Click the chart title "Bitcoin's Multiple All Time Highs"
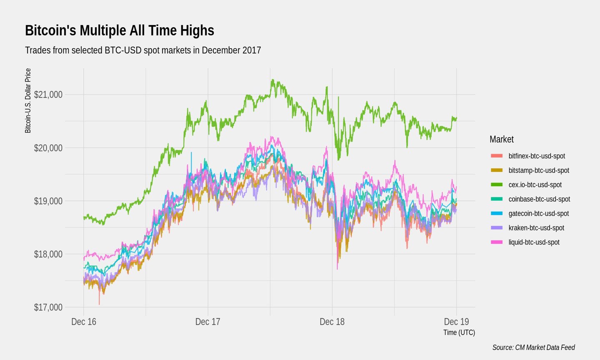[x=120, y=31]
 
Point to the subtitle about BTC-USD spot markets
[x=143, y=50]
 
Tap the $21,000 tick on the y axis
[x=48, y=95]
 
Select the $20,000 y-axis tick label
[x=48, y=148]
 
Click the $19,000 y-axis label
[x=48, y=201]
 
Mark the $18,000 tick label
[x=48, y=254]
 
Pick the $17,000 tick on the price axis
[x=48, y=307]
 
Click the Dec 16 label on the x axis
[x=84, y=322]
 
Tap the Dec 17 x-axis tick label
[x=207, y=322]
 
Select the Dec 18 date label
[x=332, y=322]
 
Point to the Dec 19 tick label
[x=456, y=322]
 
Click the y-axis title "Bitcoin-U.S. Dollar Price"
[x=28, y=101]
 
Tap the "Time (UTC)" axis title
[x=459, y=332]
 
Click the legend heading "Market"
[x=501, y=139]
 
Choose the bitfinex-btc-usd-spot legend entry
[x=537, y=156]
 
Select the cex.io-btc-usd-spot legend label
[x=535, y=185]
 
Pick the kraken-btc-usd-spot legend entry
[x=536, y=228]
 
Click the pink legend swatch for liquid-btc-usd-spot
[x=497, y=242]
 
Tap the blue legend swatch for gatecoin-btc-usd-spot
[x=497, y=214]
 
